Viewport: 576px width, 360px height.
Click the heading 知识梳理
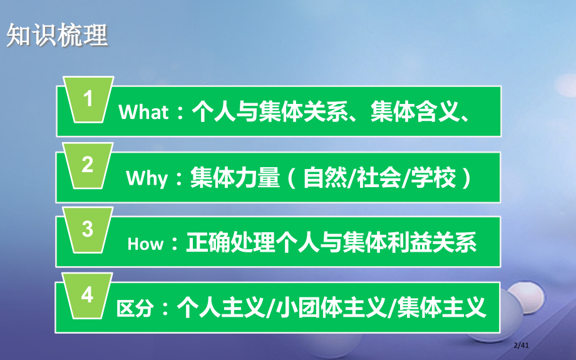pos(57,35)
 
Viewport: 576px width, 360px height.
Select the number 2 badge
pos(88,166)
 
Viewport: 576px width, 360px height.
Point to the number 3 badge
pos(88,230)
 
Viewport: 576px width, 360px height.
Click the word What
pos(143,113)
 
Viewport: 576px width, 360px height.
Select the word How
pos(145,244)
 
